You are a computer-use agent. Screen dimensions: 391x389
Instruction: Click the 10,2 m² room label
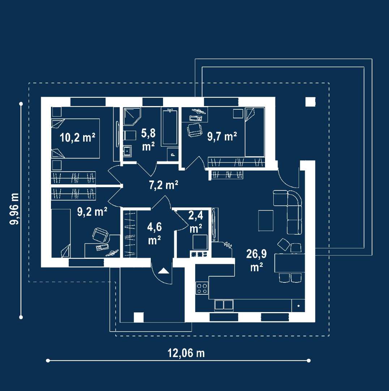[78, 138]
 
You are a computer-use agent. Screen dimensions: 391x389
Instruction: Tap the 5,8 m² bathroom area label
[148, 140]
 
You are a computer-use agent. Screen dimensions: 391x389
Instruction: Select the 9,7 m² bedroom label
[222, 136]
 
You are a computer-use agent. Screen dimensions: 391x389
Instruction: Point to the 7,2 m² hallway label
[164, 185]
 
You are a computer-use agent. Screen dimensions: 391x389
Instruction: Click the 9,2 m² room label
[92, 212]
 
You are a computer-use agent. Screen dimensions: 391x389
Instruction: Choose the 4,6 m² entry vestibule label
[154, 233]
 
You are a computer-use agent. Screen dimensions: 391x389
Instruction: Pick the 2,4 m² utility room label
[196, 222]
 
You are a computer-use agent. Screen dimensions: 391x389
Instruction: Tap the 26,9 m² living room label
[256, 260]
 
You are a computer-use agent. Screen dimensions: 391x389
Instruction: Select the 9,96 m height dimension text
[14, 209]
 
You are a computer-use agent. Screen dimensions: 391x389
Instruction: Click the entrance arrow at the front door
[163, 270]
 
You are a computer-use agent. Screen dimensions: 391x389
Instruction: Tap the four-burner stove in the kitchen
[202, 288]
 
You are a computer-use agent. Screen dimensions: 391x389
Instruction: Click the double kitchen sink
[224, 305]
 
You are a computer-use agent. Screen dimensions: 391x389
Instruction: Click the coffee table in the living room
[266, 220]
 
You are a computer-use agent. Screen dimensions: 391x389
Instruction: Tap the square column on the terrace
[310, 102]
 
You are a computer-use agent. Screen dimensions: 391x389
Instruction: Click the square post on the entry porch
[139, 317]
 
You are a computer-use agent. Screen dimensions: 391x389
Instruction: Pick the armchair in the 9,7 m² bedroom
[194, 129]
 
